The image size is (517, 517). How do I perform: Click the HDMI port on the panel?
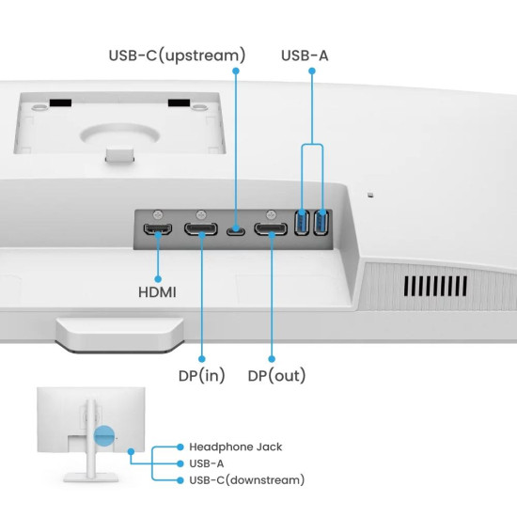click(x=157, y=229)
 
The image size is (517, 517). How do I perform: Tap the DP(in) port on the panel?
click(x=202, y=229)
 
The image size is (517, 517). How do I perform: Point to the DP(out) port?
click(x=271, y=229)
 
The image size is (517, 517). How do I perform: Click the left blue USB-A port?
click(x=302, y=224)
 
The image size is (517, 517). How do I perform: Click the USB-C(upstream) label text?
click(x=177, y=55)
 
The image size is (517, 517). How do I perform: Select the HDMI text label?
click(x=157, y=292)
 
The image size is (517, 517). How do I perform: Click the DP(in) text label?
click(x=202, y=376)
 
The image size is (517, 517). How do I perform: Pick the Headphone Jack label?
click(x=235, y=446)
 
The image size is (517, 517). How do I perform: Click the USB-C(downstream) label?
click(x=246, y=480)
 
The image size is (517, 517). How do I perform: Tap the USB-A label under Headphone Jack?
click(x=208, y=463)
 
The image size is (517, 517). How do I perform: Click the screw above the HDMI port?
click(x=157, y=214)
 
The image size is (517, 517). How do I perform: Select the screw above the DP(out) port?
click(x=271, y=214)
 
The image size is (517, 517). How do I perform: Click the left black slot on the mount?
click(x=63, y=102)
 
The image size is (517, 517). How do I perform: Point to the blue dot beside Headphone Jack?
click(x=179, y=446)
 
